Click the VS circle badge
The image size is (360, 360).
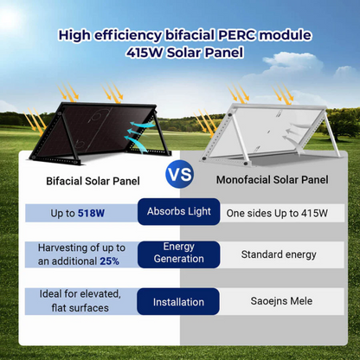tap(179, 175)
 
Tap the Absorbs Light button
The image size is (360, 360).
tap(178, 212)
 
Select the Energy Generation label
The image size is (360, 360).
tap(178, 254)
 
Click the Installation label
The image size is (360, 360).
tap(178, 302)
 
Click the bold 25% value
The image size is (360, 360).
tap(108, 260)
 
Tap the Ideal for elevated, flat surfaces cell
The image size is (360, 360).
tap(80, 301)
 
